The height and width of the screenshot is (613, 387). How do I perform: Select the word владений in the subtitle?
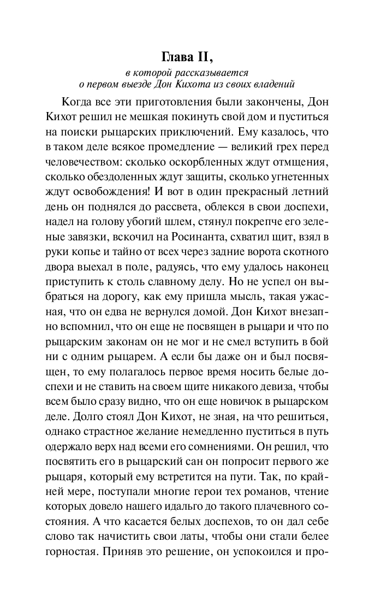click(x=273, y=84)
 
